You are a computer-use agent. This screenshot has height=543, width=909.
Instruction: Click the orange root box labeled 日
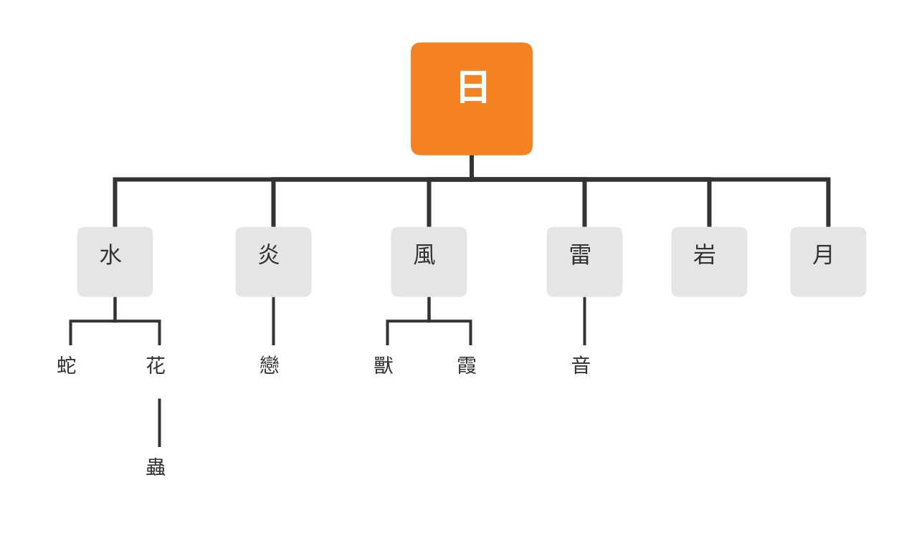tap(472, 99)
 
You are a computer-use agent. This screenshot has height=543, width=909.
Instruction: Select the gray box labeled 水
tap(115, 261)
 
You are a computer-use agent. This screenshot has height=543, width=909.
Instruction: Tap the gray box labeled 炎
tap(274, 261)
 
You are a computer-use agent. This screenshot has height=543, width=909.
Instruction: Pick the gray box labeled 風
tap(429, 261)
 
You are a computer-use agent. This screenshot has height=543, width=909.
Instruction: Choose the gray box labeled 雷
tap(584, 261)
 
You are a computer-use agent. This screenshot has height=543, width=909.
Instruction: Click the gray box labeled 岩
tap(709, 261)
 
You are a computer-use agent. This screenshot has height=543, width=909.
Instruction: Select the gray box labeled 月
tap(828, 261)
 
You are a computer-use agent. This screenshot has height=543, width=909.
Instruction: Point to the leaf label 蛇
tap(67, 365)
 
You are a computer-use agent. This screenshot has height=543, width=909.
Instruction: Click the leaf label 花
tap(156, 365)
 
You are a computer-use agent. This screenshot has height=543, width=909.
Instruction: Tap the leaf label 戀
tap(270, 365)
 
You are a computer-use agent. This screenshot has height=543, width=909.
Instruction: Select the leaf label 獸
tap(384, 365)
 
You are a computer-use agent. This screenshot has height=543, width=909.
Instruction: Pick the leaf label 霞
tap(467, 365)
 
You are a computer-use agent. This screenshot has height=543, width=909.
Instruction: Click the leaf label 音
tap(581, 365)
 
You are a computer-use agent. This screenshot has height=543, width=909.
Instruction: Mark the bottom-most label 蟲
tap(156, 467)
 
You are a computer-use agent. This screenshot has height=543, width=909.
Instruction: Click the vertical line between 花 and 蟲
tap(159, 423)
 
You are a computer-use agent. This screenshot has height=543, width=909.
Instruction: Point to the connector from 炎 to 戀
tap(274, 321)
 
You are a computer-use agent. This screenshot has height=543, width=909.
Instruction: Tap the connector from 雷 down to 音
tap(584, 321)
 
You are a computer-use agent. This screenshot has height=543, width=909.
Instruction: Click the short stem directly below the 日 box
tap(472, 166)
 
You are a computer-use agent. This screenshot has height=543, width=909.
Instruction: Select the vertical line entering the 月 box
tap(828, 203)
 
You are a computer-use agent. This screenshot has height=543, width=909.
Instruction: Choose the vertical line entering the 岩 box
tap(709, 203)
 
